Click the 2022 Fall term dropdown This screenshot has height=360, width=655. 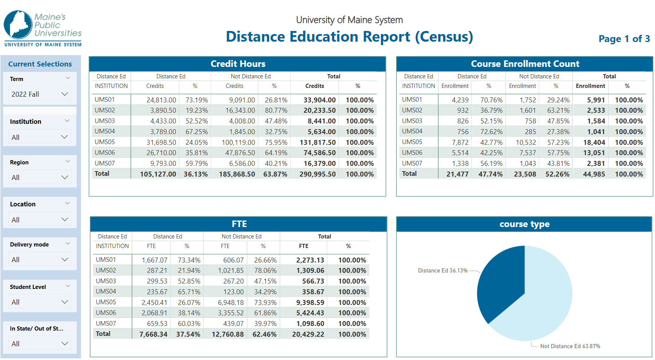click(x=40, y=94)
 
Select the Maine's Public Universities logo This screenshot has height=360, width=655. click(x=43, y=28)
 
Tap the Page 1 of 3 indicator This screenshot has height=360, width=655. click(x=624, y=39)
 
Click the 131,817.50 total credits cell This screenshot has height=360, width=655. click(x=317, y=142)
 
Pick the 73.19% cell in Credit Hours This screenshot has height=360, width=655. click(x=197, y=100)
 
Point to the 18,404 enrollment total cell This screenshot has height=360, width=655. click(x=594, y=142)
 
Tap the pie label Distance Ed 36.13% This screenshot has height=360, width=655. click(x=442, y=271)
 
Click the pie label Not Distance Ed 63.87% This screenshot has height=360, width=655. click(x=570, y=346)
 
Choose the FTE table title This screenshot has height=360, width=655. click(x=239, y=224)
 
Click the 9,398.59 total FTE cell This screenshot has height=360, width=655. click(x=310, y=302)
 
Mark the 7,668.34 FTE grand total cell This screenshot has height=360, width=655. click(x=153, y=334)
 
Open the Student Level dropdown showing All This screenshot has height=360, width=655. click(x=40, y=302)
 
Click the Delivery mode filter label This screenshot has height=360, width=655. click(x=29, y=244)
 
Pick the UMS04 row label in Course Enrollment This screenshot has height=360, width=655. click(x=412, y=131)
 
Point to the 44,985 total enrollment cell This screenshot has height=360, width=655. click(x=594, y=174)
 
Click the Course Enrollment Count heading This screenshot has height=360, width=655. click(x=525, y=64)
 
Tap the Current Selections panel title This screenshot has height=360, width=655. click(x=40, y=64)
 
